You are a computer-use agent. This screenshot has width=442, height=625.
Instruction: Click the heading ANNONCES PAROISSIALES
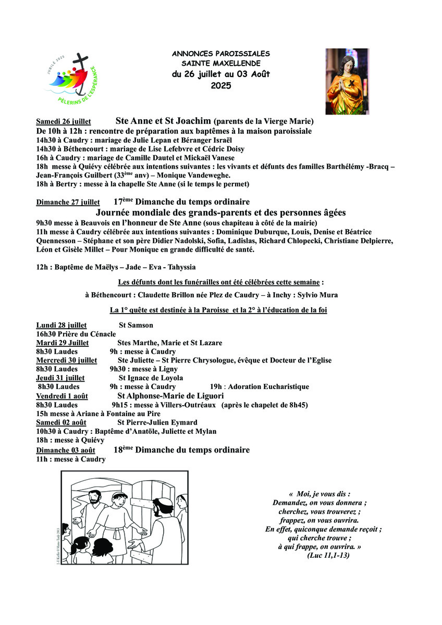click(221, 54)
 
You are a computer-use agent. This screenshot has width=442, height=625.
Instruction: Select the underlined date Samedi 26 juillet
click(64, 122)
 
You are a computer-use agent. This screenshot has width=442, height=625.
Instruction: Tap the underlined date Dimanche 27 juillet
click(68, 202)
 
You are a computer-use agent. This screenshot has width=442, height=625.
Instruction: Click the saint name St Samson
click(136, 326)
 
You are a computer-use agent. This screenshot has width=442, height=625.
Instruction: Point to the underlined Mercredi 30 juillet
click(66, 360)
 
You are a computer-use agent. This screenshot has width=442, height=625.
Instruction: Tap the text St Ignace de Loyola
click(151, 378)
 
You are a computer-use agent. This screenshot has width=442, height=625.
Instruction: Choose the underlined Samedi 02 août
click(61, 422)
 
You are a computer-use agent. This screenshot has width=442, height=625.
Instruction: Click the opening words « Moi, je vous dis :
click(319, 494)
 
